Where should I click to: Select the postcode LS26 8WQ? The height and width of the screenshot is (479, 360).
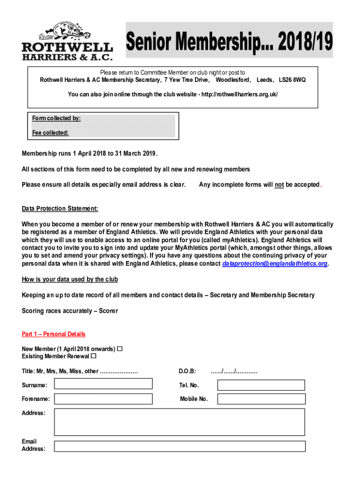click(292, 80)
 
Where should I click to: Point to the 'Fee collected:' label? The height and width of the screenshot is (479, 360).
click(50, 133)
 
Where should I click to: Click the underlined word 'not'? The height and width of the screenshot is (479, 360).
click(279, 185)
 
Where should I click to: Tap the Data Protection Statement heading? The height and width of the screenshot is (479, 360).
click(60, 209)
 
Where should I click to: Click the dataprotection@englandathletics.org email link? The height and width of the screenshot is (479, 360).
click(274, 264)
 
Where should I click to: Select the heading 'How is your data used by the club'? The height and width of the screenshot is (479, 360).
click(70, 280)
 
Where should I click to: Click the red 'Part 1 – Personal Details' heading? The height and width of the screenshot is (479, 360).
click(54, 334)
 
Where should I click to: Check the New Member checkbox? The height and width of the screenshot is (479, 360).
click(120, 349)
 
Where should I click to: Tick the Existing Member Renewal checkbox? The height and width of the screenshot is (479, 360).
click(94, 356)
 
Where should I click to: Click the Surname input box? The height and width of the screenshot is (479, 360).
click(103, 384)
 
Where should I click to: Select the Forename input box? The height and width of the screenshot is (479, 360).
click(103, 399)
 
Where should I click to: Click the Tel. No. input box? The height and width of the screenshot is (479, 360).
click(261, 385)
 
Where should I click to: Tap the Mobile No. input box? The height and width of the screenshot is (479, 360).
click(261, 399)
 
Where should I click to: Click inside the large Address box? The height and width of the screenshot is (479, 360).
click(180, 422)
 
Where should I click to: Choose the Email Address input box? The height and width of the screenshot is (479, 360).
click(180, 446)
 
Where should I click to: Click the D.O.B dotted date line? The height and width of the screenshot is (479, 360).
click(234, 371)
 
